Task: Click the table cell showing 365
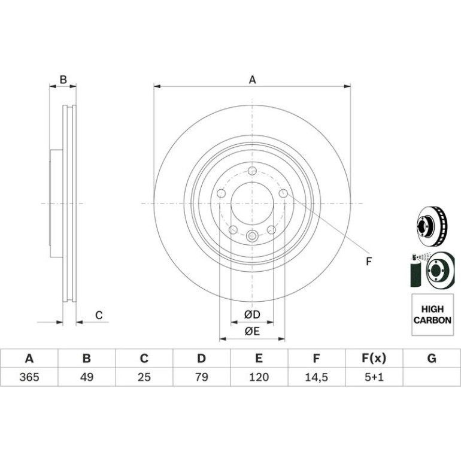29,377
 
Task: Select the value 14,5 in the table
316,377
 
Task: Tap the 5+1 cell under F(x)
374,377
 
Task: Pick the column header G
432,359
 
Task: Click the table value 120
259,377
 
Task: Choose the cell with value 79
202,377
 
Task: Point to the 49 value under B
87,377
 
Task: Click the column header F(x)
374,359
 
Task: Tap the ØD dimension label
252,314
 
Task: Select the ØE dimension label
252,331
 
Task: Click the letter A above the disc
253,80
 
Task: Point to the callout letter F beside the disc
369,262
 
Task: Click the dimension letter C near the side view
99,315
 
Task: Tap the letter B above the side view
63,80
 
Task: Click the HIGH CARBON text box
432,314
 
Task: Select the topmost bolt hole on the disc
252,171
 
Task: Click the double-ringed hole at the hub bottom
252,235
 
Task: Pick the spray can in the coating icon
415,271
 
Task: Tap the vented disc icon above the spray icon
432,226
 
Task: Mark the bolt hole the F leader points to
283,193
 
